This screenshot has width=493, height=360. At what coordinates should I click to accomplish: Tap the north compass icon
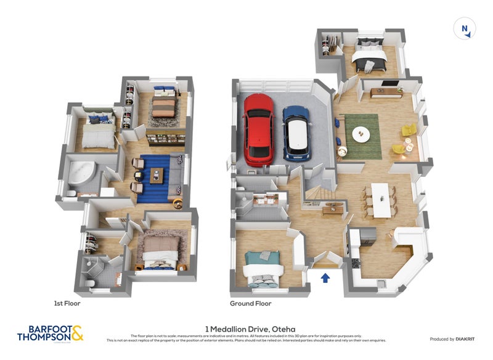click(x=464, y=29)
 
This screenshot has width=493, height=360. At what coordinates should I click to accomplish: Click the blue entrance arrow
click(x=325, y=278)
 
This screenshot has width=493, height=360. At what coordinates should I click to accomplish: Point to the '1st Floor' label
click(x=67, y=303)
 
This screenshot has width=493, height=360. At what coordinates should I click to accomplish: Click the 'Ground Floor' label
click(x=251, y=303)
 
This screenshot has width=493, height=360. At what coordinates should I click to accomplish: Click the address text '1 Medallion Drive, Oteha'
click(x=246, y=329)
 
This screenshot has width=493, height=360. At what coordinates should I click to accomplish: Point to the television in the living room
click(x=389, y=83)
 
